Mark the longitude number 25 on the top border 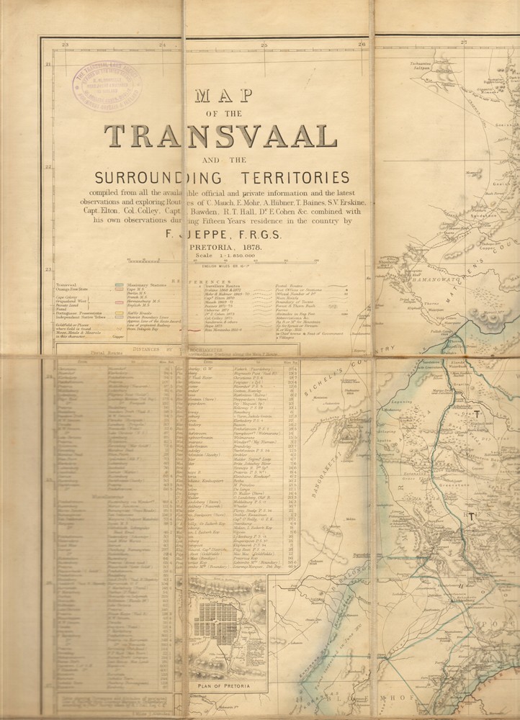tap(264, 46)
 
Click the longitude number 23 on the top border tap(66, 46)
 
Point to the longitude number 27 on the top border tap(462, 46)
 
